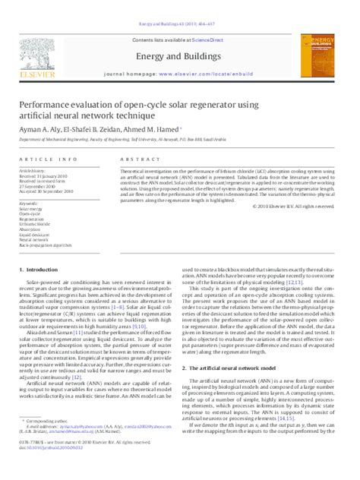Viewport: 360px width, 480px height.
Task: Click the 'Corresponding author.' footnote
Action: pos(48,443)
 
